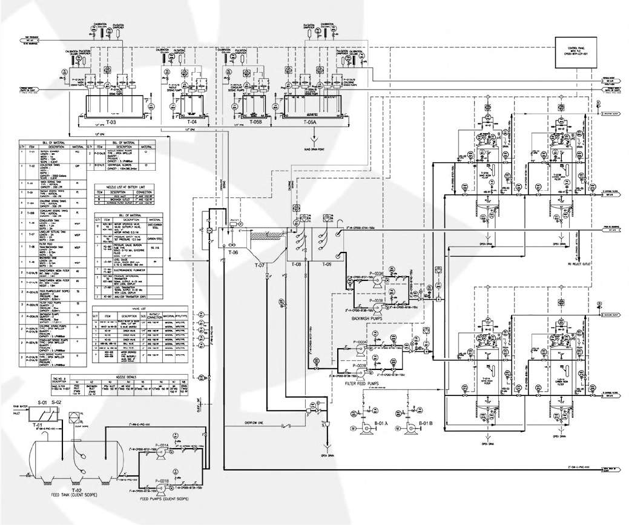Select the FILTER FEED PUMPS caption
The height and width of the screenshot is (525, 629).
[x=366, y=384]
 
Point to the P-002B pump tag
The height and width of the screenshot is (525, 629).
[x=360, y=366]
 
